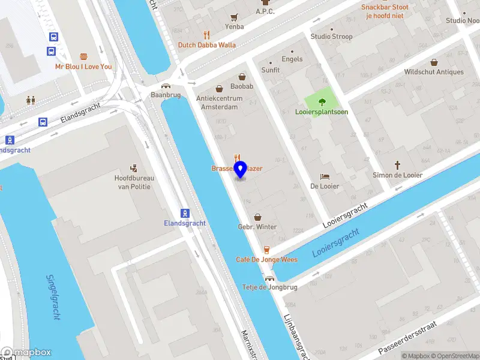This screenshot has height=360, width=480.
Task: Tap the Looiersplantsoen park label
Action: click(322, 112)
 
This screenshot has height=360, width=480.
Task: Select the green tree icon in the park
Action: click(322, 101)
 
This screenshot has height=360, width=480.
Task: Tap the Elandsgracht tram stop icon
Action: click(185, 213)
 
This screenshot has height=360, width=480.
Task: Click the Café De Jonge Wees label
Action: click(266, 260)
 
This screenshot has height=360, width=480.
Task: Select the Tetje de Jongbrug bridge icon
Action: click(269, 278)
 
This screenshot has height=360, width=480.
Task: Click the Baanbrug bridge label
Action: click(166, 95)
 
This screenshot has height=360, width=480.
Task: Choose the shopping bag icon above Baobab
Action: click(242, 77)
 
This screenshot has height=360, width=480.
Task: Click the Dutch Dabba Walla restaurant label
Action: click(206, 45)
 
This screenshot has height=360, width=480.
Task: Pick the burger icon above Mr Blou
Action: click(83, 56)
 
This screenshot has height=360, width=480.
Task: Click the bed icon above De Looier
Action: click(325, 176)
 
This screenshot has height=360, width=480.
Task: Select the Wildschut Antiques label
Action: click(434, 72)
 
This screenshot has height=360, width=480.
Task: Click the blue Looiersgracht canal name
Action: click(336, 242)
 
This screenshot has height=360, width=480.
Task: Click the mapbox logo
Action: click(26, 353)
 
